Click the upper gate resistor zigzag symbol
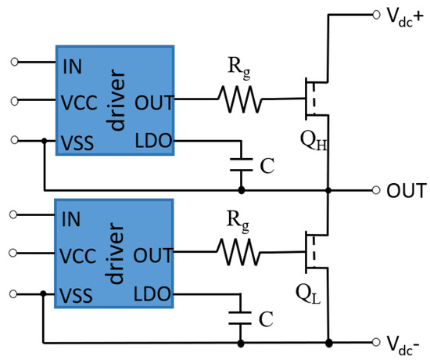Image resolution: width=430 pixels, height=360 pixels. (239, 100)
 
